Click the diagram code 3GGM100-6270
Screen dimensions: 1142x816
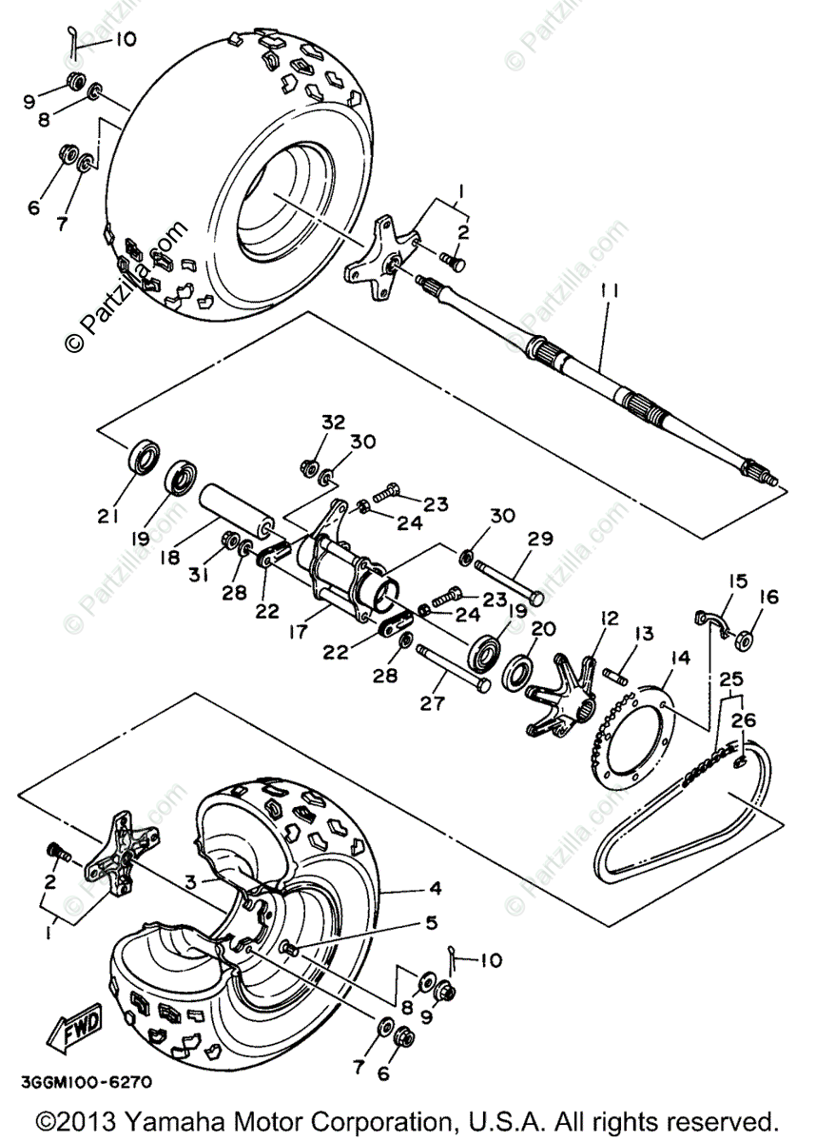pyautogui.click(x=83, y=1082)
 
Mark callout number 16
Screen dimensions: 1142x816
pyautogui.click(x=768, y=598)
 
